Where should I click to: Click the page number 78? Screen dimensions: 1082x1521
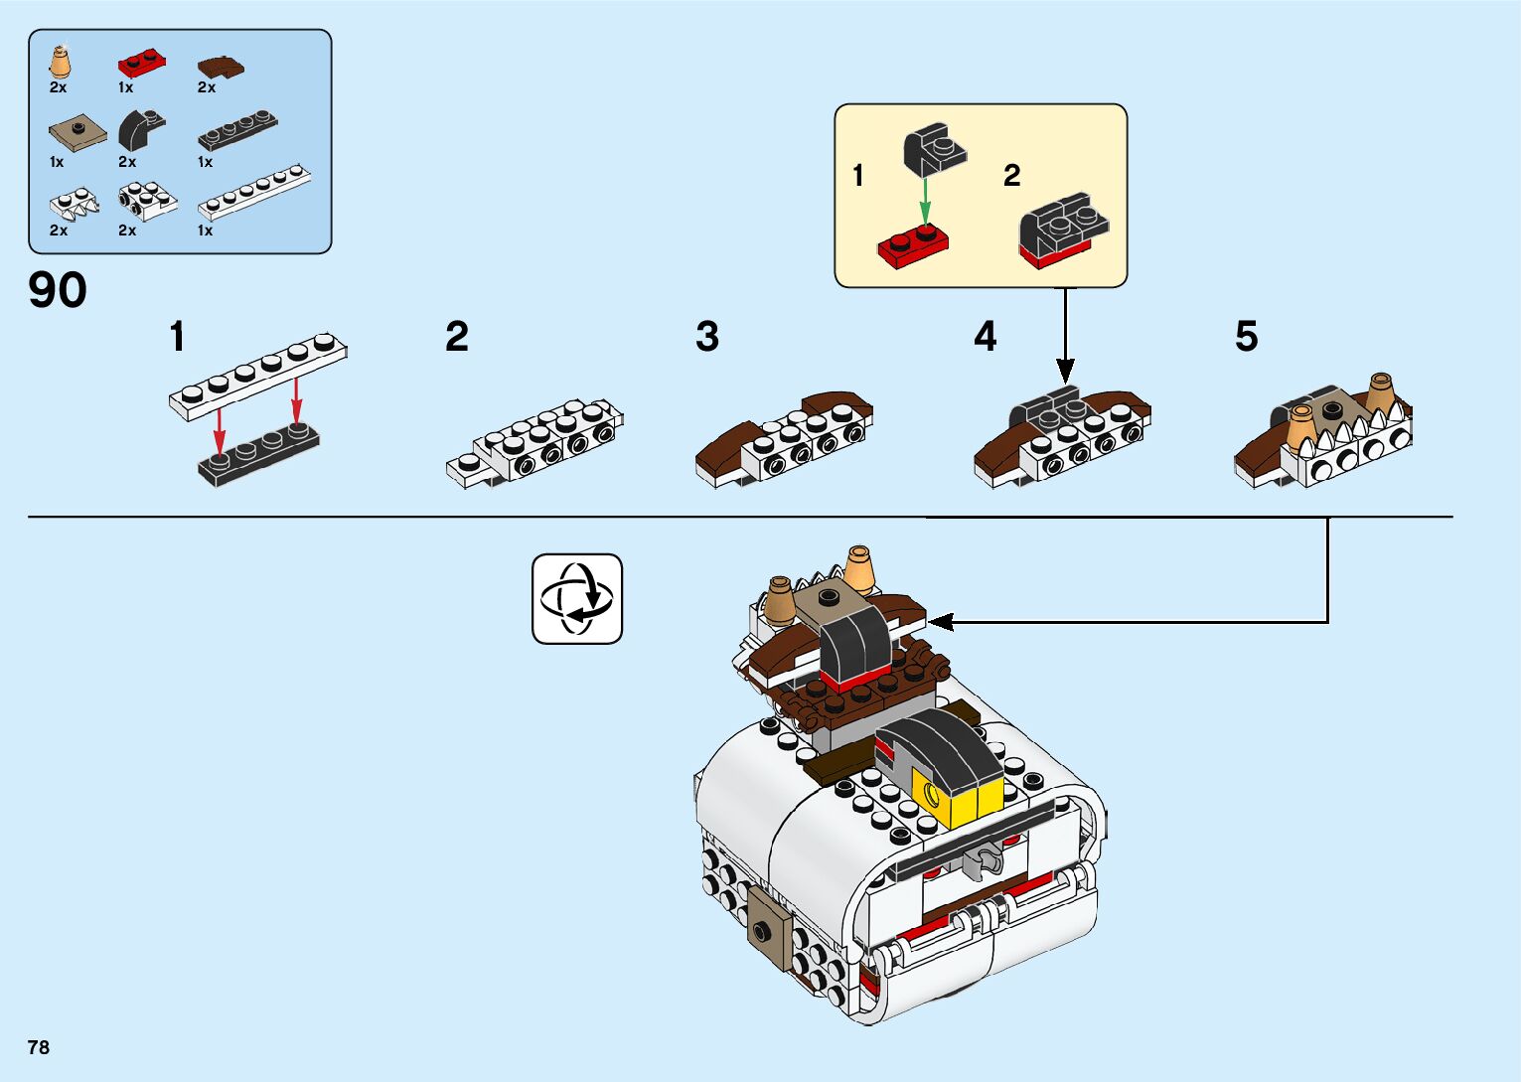[39, 1047]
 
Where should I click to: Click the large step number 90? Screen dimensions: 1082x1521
[58, 290]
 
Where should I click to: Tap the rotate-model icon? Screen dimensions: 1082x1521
[577, 599]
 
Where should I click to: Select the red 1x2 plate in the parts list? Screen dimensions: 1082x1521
[141, 65]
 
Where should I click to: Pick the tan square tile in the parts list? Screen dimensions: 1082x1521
[76, 132]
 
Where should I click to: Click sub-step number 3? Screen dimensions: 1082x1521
[706, 337]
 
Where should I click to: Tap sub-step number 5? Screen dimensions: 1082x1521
[1246, 337]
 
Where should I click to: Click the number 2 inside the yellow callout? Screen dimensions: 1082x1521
[1011, 176]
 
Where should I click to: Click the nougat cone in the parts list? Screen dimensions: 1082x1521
[61, 63]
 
